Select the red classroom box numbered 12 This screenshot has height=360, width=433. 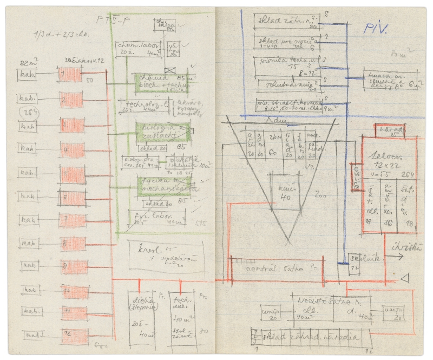tap(74, 336)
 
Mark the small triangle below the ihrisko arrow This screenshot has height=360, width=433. tap(403, 278)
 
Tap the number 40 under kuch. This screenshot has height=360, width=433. tap(287, 197)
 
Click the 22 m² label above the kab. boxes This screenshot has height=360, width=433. tap(27, 62)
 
